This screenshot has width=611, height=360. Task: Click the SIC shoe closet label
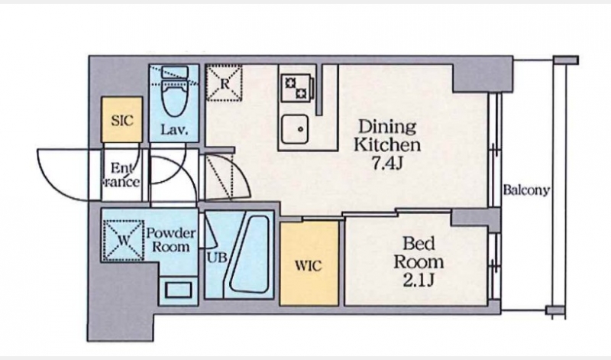pyautogui.click(x=122, y=120)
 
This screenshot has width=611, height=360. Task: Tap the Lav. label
pyautogui.click(x=174, y=129)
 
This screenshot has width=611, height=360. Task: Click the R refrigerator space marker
pyautogui.click(x=224, y=83)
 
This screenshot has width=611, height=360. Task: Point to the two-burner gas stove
pyautogui.click(x=296, y=88)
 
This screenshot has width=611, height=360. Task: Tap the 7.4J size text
pyautogui.click(x=386, y=164)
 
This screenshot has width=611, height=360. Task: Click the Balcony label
pyautogui.click(x=526, y=190)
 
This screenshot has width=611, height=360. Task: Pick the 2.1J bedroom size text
pyautogui.click(x=419, y=281)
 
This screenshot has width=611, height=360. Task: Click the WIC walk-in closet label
pyautogui.click(x=309, y=266)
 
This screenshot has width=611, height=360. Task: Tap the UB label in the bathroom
pyautogui.click(x=217, y=258)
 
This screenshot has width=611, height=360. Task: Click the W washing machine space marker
pyautogui.click(x=123, y=240)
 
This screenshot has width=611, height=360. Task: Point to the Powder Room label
pyautogui.click(x=170, y=240)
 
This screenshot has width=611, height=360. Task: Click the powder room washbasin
pyautogui.click(x=179, y=290)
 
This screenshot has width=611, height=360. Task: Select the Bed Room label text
pyautogui.click(x=419, y=253)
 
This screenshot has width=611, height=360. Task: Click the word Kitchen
pyautogui.click(x=386, y=144)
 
